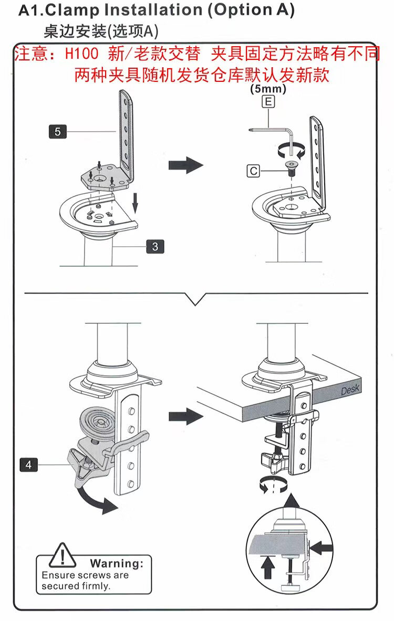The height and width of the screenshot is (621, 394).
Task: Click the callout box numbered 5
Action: point(57,131)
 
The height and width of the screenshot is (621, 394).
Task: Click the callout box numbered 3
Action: point(155,246)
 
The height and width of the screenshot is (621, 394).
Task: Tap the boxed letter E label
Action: point(268,102)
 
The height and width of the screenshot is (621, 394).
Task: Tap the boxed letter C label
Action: point(254,171)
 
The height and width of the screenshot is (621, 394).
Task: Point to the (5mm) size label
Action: point(268,89)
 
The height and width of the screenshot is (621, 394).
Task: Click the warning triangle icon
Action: point(63,555)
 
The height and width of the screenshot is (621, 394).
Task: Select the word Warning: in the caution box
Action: point(116,564)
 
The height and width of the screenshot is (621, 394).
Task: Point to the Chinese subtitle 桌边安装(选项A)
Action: point(100,31)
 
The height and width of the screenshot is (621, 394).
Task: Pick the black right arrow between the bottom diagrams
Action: point(185,417)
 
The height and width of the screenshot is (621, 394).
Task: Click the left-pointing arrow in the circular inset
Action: point(324,548)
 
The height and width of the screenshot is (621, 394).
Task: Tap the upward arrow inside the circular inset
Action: point(268,566)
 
